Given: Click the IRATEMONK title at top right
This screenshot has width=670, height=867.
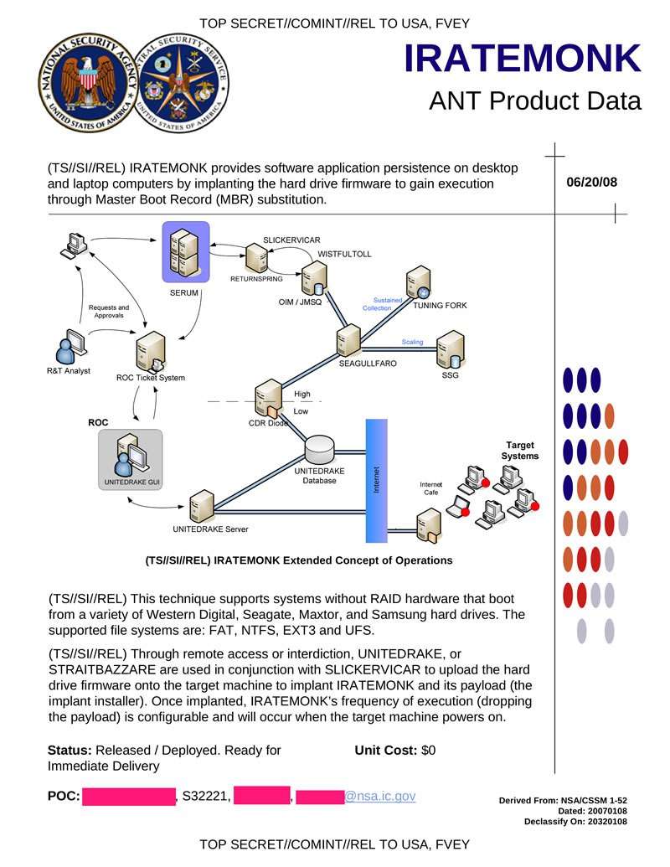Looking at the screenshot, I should click(x=522, y=58).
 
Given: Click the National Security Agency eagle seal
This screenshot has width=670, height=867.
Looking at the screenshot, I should click(x=83, y=82).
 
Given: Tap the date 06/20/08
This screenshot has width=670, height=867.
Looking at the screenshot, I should click(x=591, y=182).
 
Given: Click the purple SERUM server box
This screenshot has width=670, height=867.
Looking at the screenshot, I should click(x=185, y=252).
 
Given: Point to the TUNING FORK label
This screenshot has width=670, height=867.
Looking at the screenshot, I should click(x=440, y=306).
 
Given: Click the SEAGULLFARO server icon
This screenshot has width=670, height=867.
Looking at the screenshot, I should click(x=348, y=341).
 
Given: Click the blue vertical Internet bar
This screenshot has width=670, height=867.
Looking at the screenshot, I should click(x=376, y=480).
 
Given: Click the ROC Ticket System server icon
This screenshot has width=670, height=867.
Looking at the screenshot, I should click(x=152, y=351).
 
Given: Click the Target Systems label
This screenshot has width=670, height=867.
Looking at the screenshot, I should click(x=519, y=451).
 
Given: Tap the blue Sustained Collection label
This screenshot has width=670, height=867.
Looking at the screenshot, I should click(x=381, y=303).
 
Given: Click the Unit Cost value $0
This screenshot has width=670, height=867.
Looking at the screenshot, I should click(x=428, y=751).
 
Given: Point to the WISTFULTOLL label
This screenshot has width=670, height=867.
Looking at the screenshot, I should click(x=344, y=253).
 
